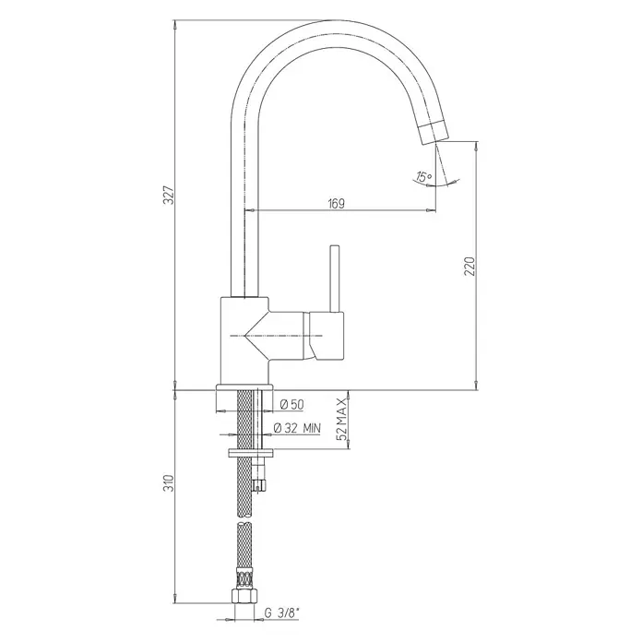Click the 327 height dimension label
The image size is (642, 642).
(x=171, y=195)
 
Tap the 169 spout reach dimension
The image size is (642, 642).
(x=337, y=203)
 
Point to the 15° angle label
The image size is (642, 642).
(x=424, y=177)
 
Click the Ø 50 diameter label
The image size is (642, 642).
(x=291, y=405)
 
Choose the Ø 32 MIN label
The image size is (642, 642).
(x=297, y=428)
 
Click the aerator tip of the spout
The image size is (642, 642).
(x=434, y=132)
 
